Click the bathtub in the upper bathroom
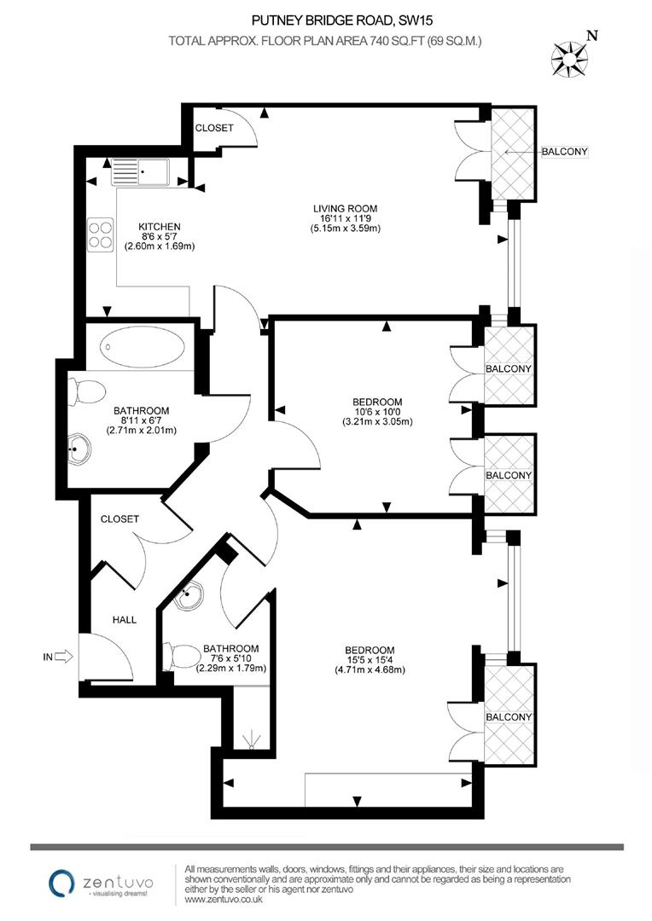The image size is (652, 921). (141, 349)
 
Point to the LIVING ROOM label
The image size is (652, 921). (344, 208)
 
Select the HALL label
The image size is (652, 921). (125, 620)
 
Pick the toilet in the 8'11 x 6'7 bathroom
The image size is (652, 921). (84, 393)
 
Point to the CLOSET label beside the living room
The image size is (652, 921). (214, 128)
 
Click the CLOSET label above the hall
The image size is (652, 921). (119, 518)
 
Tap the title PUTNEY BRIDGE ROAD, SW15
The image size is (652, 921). (325, 17)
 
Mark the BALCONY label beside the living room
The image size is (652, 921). (565, 152)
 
